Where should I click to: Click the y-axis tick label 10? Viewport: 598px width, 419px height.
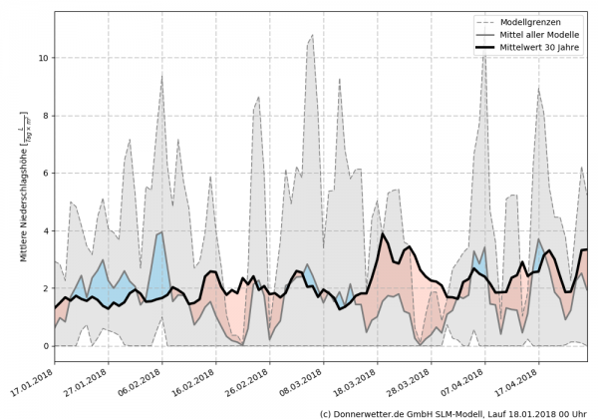click(41, 58)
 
